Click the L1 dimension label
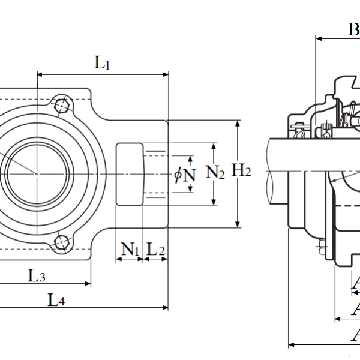(x=102, y=63)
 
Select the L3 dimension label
(x=37, y=276)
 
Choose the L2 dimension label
(x=155, y=248)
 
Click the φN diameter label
(x=185, y=175)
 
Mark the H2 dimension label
(x=241, y=172)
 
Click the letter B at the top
(x=354, y=28)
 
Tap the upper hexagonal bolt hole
(x=61, y=106)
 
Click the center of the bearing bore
(x=37, y=174)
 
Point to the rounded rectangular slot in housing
(x=129, y=174)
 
